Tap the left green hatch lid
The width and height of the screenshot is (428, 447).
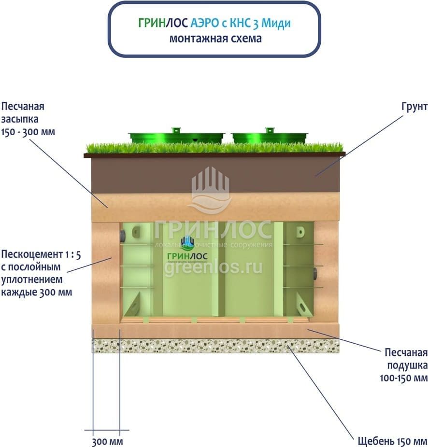(176, 136)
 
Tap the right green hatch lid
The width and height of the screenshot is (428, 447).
(269, 136)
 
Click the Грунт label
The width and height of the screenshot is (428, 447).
(414, 107)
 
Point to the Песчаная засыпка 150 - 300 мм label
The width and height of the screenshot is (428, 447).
(26, 119)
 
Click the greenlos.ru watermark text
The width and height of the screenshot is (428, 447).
(213, 266)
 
